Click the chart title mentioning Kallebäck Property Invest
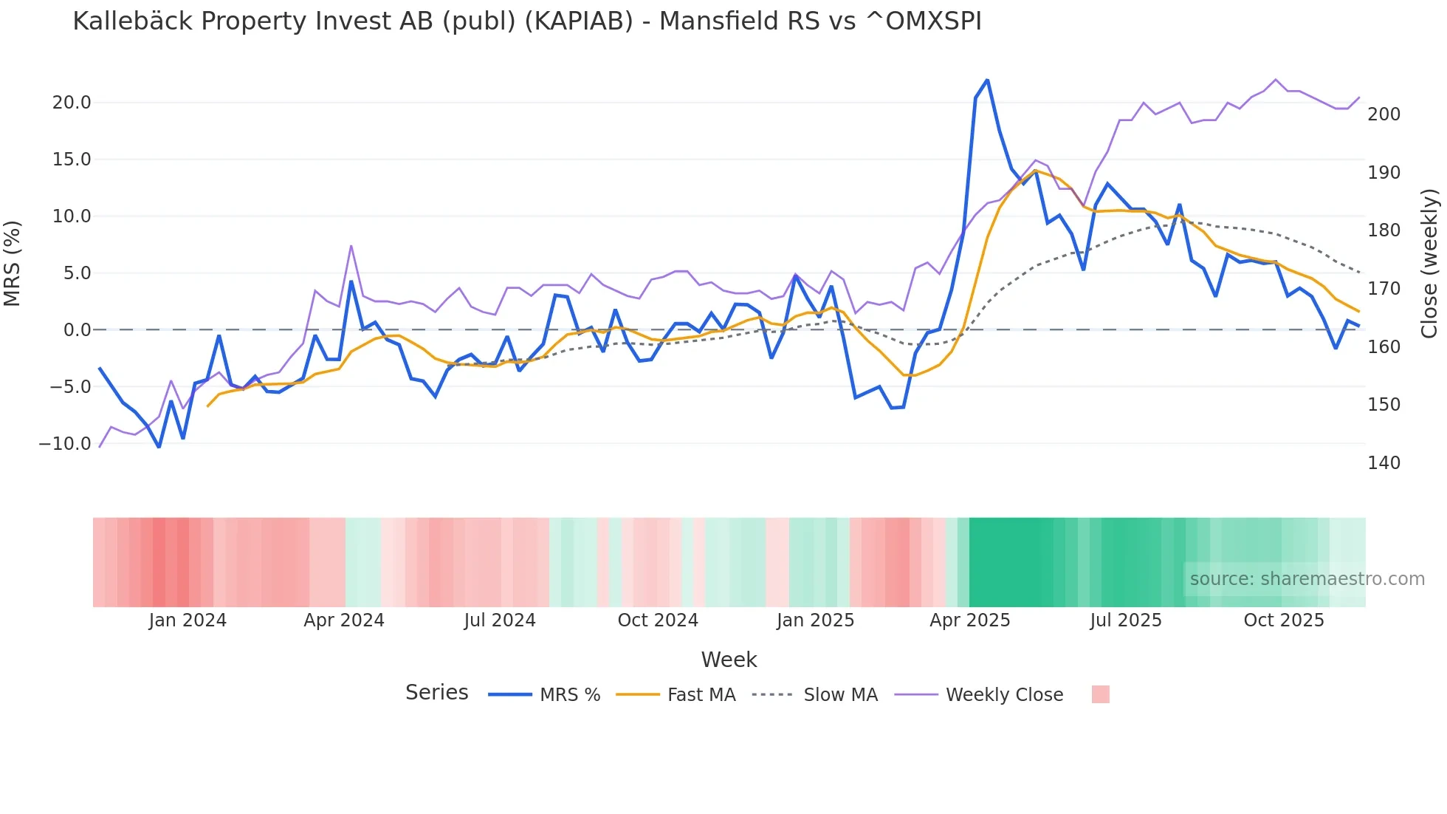(x=526, y=21)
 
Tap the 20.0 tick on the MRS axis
(x=72, y=103)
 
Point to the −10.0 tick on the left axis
(x=65, y=444)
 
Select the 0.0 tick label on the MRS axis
(x=77, y=330)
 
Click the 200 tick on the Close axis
(x=1384, y=114)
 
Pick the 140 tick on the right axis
(x=1384, y=463)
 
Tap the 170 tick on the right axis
(x=1384, y=289)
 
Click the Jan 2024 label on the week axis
(x=188, y=620)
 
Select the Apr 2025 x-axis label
(x=969, y=620)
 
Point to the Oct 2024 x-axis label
(x=658, y=620)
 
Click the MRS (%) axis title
(x=13, y=264)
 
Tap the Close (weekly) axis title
(x=1430, y=264)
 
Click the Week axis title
(x=729, y=660)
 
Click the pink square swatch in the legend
(x=1100, y=694)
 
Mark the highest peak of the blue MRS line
(x=987, y=81)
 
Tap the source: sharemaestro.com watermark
(x=1307, y=579)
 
